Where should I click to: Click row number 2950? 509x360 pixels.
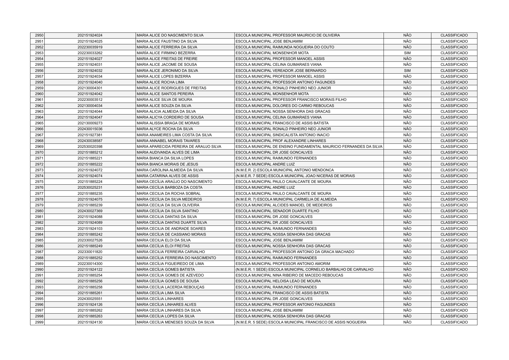[39, 35]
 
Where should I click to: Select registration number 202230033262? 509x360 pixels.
[90, 53]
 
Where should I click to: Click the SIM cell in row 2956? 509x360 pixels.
[407, 71]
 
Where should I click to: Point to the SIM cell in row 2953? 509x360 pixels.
[407, 53]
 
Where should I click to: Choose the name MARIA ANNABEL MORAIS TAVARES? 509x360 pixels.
[168, 141]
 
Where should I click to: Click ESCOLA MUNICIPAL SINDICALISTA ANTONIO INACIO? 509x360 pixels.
[282, 135]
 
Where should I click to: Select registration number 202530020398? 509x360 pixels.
[90, 147]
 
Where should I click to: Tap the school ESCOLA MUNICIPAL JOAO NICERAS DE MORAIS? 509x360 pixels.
[295, 176]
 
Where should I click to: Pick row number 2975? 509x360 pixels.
[39, 182]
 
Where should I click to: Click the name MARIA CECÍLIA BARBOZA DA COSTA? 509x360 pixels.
[169, 188]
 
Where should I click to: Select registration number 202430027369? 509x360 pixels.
[90, 211]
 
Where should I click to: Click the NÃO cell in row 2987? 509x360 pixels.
[407, 252]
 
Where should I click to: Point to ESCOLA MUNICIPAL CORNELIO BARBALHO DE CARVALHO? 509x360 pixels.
[304, 270]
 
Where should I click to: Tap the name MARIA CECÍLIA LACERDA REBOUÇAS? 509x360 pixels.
[170, 287]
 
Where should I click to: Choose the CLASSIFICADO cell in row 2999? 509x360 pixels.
[454, 322]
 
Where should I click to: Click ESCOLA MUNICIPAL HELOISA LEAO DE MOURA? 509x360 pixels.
[278, 281]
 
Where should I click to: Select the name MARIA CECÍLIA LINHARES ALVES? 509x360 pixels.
[166, 305]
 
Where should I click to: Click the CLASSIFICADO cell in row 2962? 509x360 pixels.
[454, 106]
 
